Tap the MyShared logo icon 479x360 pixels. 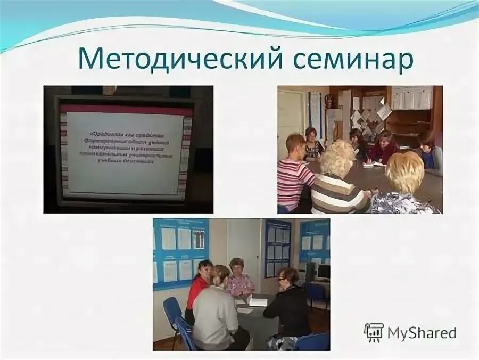tap(374, 332)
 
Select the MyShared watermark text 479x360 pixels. tap(422, 333)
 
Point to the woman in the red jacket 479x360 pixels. tap(198, 288)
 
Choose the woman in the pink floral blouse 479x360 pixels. tap(240, 280)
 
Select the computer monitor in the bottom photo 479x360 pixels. tap(323, 272)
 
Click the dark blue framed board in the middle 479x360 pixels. tap(278, 248)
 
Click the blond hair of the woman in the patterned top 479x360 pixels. tap(405, 170)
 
